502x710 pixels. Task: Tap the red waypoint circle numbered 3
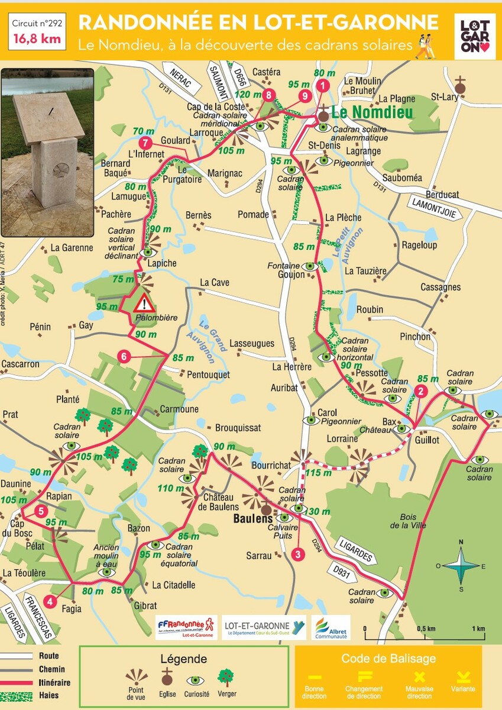pos(297,554)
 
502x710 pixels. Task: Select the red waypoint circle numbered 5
pos(40,512)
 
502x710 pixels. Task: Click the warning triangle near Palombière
pos(143,305)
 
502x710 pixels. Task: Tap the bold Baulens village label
pos(242,519)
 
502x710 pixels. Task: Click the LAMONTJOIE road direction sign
pos(433,208)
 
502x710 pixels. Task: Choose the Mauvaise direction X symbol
pos(420,677)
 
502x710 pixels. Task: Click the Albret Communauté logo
pos(331,628)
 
